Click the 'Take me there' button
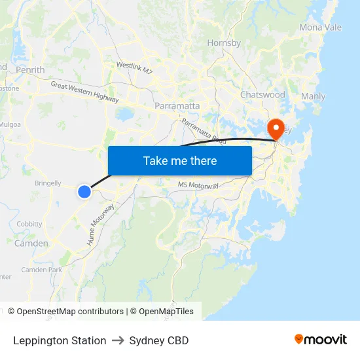pos(180,160)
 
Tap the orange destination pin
pos(277,128)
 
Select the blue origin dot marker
pos(84,191)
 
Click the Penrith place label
pos(30,69)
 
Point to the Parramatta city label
pos(177,105)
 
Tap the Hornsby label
pos(224,43)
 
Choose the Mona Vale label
pos(320,27)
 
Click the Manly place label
pos(313,96)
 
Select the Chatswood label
pos(262,95)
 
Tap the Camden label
pos(31,243)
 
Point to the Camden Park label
pos(41,270)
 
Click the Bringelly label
pos(48,184)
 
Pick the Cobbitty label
pos(29,224)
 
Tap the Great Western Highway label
pos(84,92)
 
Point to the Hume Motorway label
pos(101,225)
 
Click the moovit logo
pos(320,340)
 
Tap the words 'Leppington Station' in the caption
pos(60,340)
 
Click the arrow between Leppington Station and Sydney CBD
pos(118,340)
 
